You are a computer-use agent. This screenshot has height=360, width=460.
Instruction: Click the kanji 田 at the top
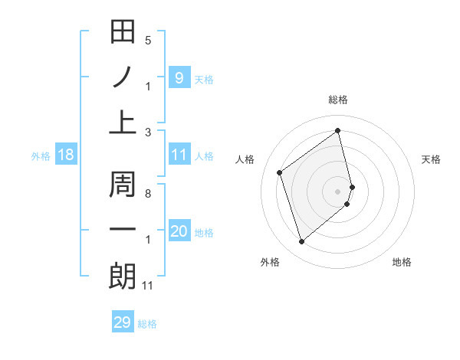[x=123, y=32]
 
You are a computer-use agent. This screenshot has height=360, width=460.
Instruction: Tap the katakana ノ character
[x=123, y=77]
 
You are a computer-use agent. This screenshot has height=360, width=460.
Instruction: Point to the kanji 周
[x=123, y=184]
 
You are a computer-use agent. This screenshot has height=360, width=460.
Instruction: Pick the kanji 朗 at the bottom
[x=123, y=276]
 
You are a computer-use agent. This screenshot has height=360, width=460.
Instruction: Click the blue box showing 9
[x=179, y=77]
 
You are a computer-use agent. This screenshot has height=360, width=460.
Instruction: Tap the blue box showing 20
[x=179, y=231]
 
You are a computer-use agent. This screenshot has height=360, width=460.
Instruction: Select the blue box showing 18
[x=66, y=155]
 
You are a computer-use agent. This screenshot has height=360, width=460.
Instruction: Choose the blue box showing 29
[x=123, y=322]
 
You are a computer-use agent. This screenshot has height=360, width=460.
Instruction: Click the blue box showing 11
[x=179, y=155]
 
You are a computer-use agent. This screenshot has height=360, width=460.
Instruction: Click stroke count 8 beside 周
[x=148, y=193]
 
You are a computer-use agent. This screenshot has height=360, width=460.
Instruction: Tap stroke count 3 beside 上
[x=148, y=132]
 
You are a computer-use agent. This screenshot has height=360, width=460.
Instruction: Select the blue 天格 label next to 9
[x=204, y=79]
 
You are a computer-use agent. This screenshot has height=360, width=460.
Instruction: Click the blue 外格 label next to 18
[x=41, y=155]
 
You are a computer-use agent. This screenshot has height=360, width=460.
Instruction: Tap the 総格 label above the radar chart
[x=338, y=100]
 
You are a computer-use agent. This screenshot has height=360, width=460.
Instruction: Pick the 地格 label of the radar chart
[x=402, y=262]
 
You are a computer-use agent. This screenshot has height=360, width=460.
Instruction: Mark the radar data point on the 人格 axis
[x=280, y=172]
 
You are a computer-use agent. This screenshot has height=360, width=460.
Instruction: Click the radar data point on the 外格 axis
[x=302, y=242]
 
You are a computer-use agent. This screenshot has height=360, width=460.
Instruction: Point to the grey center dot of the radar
[x=338, y=191]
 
